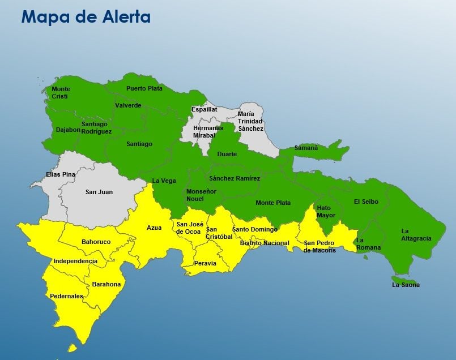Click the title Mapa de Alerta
pyautogui.click(x=86, y=17)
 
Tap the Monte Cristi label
pyautogui.click(x=61, y=93)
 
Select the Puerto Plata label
pyautogui.click(x=144, y=88)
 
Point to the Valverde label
pyautogui.click(x=128, y=105)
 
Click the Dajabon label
pyautogui.click(x=68, y=130)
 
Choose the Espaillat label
pyautogui.click(x=204, y=109)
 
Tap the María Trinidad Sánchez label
pyautogui.click(x=250, y=121)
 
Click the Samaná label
pyautogui.click(x=306, y=148)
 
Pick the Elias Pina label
pyautogui.click(x=61, y=174)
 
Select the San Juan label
pyautogui.click(x=99, y=192)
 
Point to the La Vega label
pyautogui.click(x=164, y=181)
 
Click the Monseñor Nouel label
pyautogui.click(x=201, y=195)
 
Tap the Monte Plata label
pyautogui.click(x=273, y=203)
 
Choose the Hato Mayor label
pyautogui.click(x=326, y=212)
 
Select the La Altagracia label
pyautogui.click(x=416, y=235)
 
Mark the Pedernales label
pyautogui.click(x=66, y=296)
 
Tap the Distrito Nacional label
pyautogui.click(x=265, y=243)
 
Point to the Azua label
pyautogui.click(x=154, y=228)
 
